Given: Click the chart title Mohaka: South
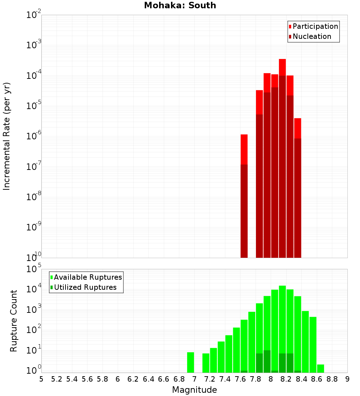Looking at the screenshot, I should point(180,5).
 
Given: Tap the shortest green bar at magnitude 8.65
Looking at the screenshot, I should point(320,369).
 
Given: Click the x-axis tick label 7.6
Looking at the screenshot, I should point(240,379).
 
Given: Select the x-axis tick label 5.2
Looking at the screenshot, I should point(57,379).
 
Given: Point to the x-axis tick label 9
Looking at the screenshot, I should point(347,379).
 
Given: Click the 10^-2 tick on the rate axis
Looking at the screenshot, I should point(34,15).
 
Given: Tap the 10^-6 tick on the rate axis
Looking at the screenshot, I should point(34,136).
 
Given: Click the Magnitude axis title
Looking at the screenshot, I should point(194,390).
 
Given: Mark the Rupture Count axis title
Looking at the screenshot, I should point(14,321).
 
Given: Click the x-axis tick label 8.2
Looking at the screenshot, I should point(286,379).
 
